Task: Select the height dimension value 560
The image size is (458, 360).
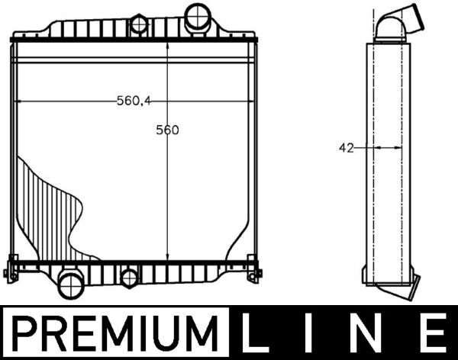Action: coord(167,130)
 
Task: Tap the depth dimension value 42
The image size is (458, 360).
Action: coord(346,148)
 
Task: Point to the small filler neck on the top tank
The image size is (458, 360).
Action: coord(139,24)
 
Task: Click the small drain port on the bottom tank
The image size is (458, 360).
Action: coord(130,278)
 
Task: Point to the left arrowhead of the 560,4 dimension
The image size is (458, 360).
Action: coord(18,101)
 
